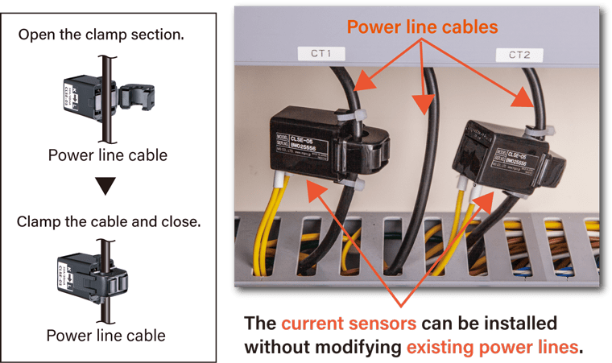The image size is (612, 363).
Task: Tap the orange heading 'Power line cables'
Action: click(x=423, y=27)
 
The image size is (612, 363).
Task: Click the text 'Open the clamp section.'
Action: click(x=100, y=35)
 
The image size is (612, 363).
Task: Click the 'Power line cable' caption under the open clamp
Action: click(x=107, y=155)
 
